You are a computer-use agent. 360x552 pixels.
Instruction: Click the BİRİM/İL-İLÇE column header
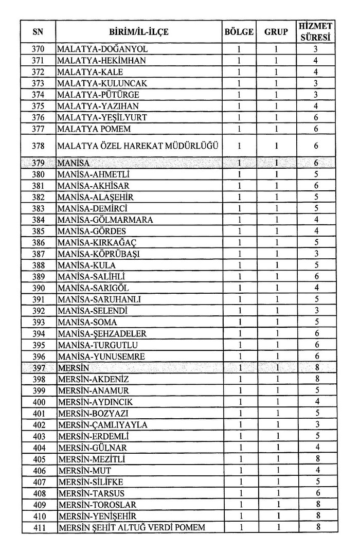click(139, 32)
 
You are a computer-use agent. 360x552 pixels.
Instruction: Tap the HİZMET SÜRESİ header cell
click(316, 32)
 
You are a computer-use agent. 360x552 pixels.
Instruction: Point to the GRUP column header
click(276, 32)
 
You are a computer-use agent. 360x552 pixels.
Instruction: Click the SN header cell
click(38, 32)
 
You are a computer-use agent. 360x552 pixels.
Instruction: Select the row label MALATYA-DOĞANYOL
click(103, 49)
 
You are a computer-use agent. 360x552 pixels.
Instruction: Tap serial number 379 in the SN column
click(38, 163)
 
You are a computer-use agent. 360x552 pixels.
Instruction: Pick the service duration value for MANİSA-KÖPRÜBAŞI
click(316, 254)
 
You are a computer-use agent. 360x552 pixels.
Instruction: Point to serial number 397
click(38, 368)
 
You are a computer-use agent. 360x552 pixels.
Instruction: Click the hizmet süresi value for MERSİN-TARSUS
click(316, 493)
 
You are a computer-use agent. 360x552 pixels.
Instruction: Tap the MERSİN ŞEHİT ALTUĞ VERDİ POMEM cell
click(132, 527)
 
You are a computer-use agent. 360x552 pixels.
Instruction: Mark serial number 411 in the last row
click(38, 527)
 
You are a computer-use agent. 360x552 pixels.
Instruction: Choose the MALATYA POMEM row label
click(94, 129)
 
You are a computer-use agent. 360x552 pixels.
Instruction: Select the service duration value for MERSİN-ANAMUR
click(316, 390)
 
